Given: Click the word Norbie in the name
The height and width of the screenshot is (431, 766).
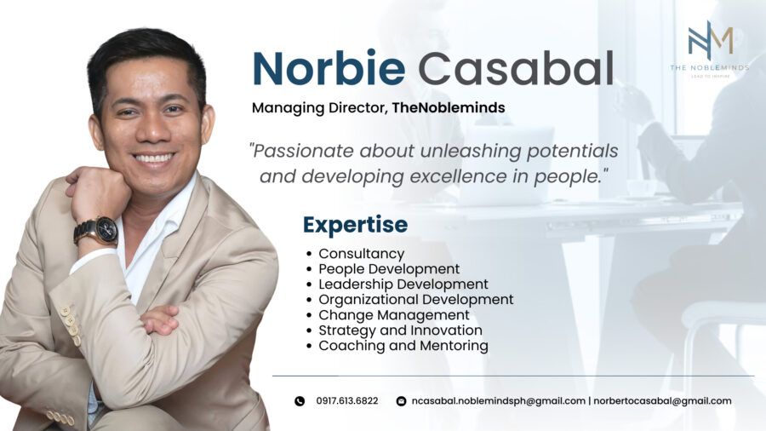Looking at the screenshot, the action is pos(329,68).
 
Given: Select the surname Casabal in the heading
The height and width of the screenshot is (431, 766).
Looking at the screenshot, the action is pos(516,68).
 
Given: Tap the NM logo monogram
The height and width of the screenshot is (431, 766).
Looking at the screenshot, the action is pos(711,40).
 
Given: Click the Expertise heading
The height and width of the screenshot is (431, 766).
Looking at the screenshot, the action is pos(355,225).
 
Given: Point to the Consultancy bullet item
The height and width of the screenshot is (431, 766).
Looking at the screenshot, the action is pos(362,254).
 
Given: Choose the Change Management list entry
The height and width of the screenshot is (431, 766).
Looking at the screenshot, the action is pos(394,314).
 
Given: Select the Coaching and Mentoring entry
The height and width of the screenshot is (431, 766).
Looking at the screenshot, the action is pos(403,346).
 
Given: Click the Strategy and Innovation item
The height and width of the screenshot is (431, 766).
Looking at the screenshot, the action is pos(401,330).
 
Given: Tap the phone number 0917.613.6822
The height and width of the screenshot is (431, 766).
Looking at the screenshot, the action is pos(347,400).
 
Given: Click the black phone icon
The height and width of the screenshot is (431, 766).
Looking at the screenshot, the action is pos(300,401).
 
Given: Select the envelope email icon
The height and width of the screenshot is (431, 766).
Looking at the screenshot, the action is pos(401,401).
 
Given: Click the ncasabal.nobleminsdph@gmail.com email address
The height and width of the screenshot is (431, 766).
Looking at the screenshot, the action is pos(498,401).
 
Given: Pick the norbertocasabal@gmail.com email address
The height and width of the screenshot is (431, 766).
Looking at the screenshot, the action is pos(662,401).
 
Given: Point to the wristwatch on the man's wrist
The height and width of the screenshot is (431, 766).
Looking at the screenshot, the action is pos(97,231).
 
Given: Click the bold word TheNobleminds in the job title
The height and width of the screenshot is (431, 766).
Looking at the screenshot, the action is pos(449,107).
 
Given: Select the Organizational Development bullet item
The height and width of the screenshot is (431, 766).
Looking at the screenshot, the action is pos(416,300).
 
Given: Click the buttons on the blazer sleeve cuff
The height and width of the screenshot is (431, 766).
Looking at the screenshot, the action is pos(70,324).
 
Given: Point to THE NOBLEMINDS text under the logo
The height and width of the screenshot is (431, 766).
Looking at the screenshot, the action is pos(710,67).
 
